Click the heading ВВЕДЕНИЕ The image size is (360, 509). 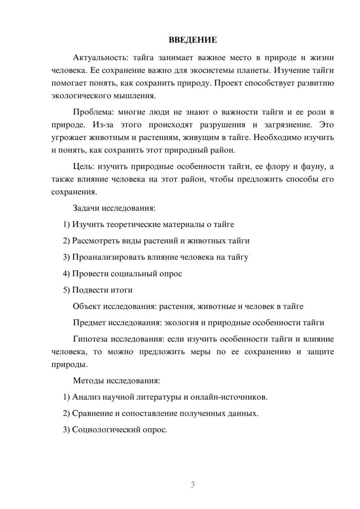click(193, 40)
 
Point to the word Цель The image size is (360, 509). click(83, 166)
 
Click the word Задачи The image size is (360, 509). click(86, 208)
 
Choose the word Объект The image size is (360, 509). click(87, 306)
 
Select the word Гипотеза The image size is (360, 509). click(90, 339)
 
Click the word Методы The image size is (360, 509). click(87, 380)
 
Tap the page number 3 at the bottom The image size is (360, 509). click(193, 485)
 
